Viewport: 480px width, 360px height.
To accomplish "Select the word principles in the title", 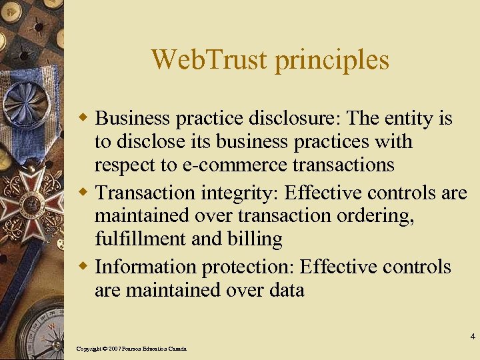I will click(x=331, y=61).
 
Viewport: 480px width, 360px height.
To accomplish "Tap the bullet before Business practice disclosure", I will click(x=84, y=119).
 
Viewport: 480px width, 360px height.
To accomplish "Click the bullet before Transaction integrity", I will click(x=84, y=193).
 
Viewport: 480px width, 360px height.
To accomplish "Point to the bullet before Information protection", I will click(x=84, y=267).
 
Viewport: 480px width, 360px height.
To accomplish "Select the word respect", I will click(x=119, y=165).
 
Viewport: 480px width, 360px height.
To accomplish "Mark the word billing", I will click(x=255, y=239).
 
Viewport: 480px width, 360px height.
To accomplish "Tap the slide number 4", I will click(x=472, y=336).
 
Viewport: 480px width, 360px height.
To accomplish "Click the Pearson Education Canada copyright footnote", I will click(x=131, y=349).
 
